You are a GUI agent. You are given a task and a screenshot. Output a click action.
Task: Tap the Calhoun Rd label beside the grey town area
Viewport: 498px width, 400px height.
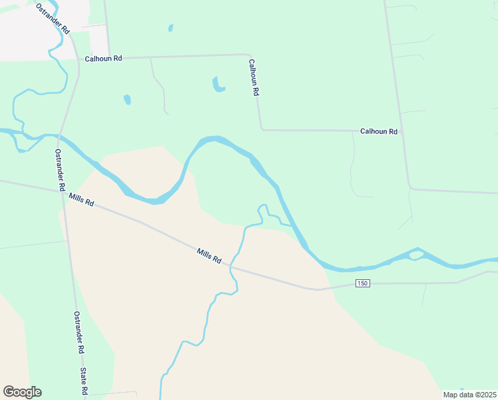pyautogui.click(x=103, y=59)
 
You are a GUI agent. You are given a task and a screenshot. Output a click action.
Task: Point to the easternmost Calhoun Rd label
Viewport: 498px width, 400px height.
pyautogui.click(x=379, y=132)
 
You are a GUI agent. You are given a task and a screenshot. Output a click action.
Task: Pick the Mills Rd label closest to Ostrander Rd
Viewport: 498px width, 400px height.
pyautogui.click(x=81, y=199)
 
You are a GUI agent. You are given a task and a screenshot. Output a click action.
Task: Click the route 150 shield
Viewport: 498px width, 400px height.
pyautogui.click(x=362, y=283)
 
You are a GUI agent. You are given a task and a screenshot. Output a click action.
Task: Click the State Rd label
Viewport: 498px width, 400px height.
pyautogui.click(x=84, y=381)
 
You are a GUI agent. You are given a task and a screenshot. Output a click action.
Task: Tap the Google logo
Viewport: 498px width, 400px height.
pyautogui.click(x=22, y=392)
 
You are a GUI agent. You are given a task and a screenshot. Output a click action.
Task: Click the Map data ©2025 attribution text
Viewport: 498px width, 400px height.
pyautogui.click(x=469, y=395)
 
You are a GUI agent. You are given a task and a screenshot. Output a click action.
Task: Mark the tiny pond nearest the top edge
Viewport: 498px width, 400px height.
pyautogui.click(x=171, y=28)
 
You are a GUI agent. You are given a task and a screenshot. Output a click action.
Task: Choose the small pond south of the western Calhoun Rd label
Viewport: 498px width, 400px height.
pyautogui.click(x=127, y=100)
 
